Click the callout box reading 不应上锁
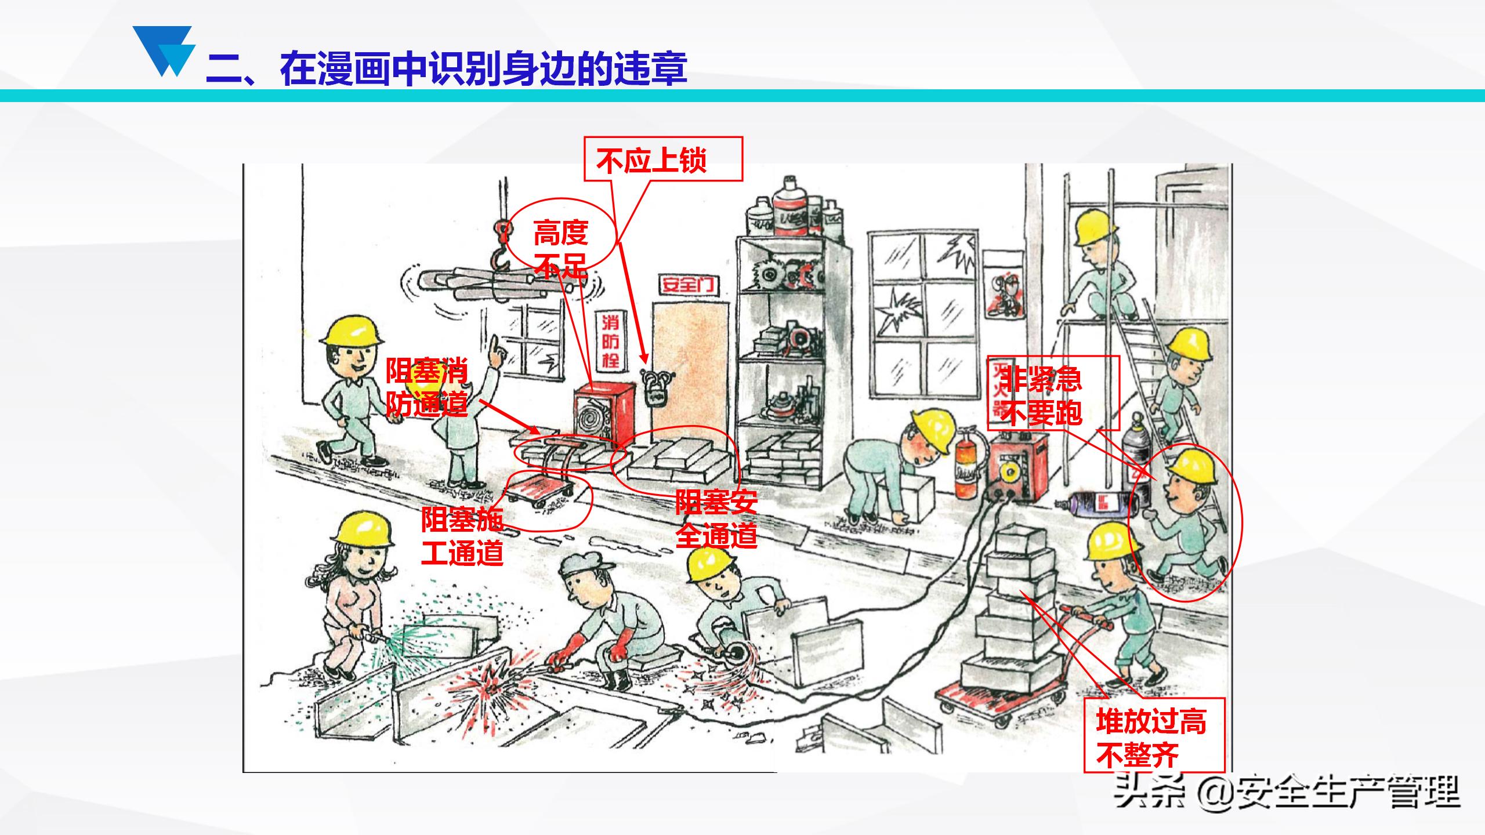coord(663,159)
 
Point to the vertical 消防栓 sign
coord(610,342)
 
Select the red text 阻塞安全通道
coord(716,518)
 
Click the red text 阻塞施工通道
coord(462,536)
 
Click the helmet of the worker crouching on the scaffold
coord(1095,228)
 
